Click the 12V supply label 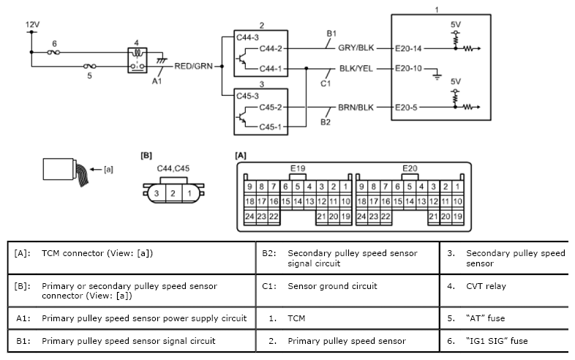pyautogui.click(x=32, y=25)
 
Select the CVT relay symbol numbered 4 pyautogui.click(x=138, y=60)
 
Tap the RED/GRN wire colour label pyautogui.click(x=193, y=66)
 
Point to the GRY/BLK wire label pyautogui.click(x=356, y=48)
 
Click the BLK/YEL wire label pyautogui.click(x=356, y=69)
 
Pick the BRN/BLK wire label pyautogui.click(x=356, y=108)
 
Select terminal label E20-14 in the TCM pyautogui.click(x=408, y=48)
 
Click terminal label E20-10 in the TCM pyautogui.click(x=408, y=69)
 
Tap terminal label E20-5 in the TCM pyautogui.click(x=406, y=108)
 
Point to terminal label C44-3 pyautogui.click(x=247, y=37)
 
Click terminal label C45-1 pyautogui.click(x=270, y=127)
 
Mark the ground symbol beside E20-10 pyautogui.click(x=437, y=76)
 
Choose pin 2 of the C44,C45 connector pyautogui.click(x=173, y=193)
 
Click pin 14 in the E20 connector pyautogui.click(x=409, y=201)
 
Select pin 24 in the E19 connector pyautogui.click(x=249, y=217)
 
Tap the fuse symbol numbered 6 pyautogui.click(x=54, y=53)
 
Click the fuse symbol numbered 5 pyautogui.click(x=90, y=67)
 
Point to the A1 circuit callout pyautogui.click(x=157, y=81)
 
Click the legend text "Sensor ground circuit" pyautogui.click(x=332, y=286)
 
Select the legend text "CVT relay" pyautogui.click(x=486, y=286)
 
